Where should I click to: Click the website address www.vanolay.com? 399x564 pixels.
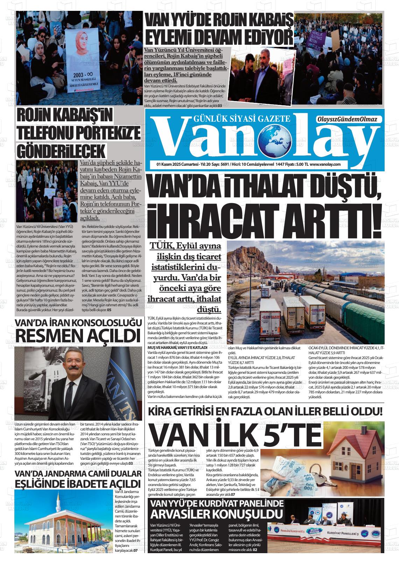coord(325,164)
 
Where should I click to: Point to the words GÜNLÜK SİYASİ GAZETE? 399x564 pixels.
coord(241,119)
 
